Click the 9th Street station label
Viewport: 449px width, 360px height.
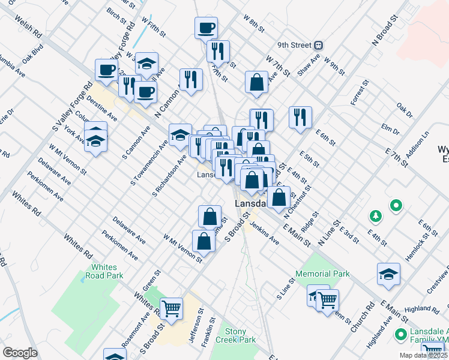pyautogui.click(x=295, y=45)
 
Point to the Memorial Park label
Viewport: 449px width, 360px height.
pyautogui.click(x=322, y=274)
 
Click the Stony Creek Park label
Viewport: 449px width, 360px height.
pyautogui.click(x=240, y=335)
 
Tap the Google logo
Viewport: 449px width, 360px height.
pyautogui.click(x=20, y=353)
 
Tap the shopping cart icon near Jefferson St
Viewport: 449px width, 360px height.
pyautogui.click(x=172, y=308)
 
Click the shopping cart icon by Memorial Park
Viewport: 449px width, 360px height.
pyautogui.click(x=327, y=299)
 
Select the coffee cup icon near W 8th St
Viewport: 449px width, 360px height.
pyautogui.click(x=206, y=27)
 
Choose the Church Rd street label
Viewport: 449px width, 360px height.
pyautogui.click(x=363, y=318)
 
